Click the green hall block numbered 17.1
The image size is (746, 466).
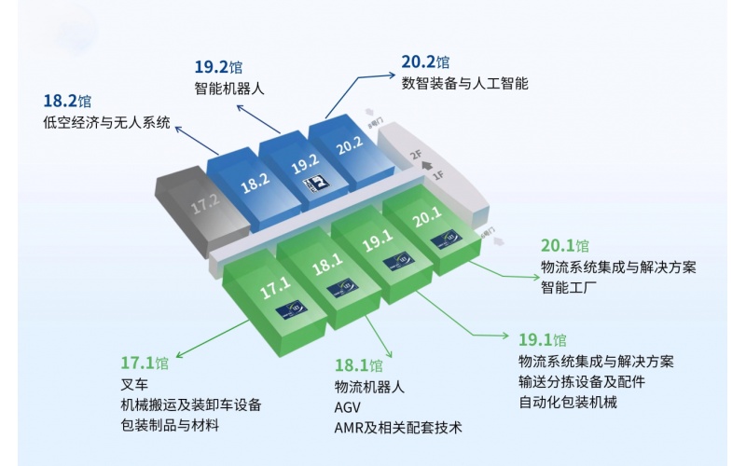coord(276,288)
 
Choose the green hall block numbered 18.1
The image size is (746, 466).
coord(327,265)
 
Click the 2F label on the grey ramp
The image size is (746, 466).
coord(417,156)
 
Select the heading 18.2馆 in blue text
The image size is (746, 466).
coord(67,101)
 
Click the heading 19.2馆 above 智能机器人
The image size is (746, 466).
coord(217,67)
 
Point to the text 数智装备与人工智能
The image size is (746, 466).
coord(464,84)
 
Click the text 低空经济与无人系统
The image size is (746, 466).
coord(107,122)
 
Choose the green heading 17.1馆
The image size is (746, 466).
coord(145,363)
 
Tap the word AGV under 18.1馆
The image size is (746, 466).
coord(347,407)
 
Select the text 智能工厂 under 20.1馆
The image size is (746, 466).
coord(567,288)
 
